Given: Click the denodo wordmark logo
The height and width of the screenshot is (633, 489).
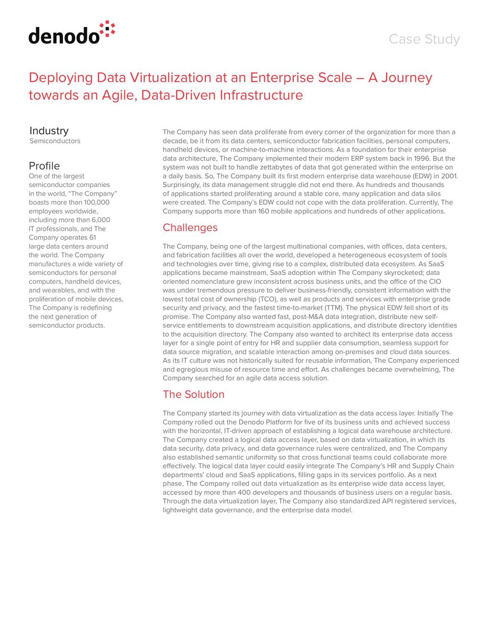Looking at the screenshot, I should tap(64, 36).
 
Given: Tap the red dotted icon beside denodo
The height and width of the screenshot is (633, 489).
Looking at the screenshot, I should tap(107, 29).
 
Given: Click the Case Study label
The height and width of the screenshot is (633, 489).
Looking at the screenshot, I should tap(424, 39).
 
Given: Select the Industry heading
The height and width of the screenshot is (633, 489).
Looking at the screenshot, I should tap(49, 130).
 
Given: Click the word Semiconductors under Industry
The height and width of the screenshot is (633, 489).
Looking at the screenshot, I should tap(55, 141).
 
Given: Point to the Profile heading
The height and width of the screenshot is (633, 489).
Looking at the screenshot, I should tap(44, 166).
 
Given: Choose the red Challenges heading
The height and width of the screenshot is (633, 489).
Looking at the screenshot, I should tap(190, 227).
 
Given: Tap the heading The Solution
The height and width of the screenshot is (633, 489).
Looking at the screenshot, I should tap(193, 394).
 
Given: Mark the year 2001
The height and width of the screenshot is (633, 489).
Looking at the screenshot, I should tap(449, 176).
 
